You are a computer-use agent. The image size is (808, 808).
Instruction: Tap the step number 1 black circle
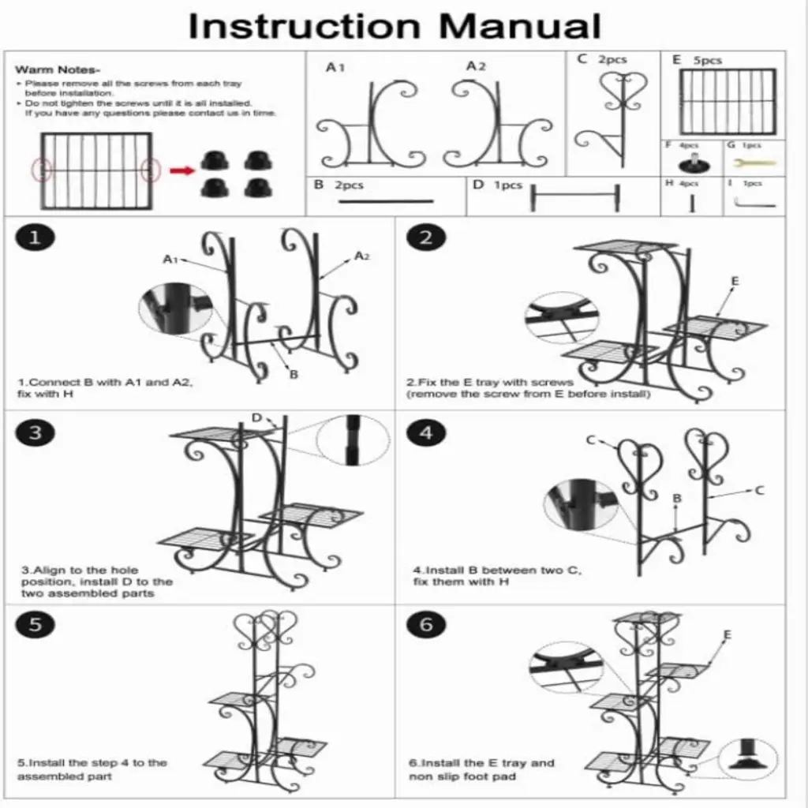pyautogui.click(x=34, y=238)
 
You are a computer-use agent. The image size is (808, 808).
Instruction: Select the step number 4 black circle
pyautogui.click(x=426, y=432)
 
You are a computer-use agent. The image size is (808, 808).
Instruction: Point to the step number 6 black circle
pyautogui.click(x=426, y=625)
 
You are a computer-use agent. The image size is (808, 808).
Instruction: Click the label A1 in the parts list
pyautogui.click(x=335, y=68)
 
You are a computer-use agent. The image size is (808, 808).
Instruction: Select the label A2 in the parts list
pyautogui.click(x=475, y=66)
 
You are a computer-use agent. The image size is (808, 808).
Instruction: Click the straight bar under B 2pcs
pyautogui.click(x=386, y=201)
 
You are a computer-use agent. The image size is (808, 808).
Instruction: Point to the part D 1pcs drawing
pyautogui.click(x=575, y=197)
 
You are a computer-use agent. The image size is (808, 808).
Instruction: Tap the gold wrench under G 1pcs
pyautogui.click(x=754, y=163)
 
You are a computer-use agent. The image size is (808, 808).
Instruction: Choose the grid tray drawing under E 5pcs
pyautogui.click(x=727, y=101)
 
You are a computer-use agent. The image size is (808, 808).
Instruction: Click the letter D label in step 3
pyautogui.click(x=256, y=417)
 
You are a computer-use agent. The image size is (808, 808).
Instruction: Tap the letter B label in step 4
pyautogui.click(x=676, y=499)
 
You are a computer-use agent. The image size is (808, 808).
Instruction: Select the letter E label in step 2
pyautogui.click(x=735, y=282)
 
